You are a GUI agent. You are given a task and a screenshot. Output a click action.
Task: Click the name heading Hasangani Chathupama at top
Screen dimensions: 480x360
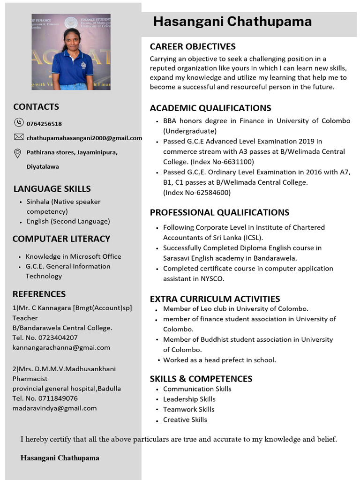pyautogui.click(x=232, y=22)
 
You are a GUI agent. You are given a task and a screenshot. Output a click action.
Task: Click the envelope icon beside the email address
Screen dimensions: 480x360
pyautogui.click(x=19, y=137)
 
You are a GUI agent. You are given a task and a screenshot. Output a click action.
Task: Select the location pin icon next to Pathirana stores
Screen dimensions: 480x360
pyautogui.click(x=18, y=153)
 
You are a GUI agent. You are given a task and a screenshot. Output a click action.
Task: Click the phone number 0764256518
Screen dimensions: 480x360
pyautogui.click(x=44, y=124)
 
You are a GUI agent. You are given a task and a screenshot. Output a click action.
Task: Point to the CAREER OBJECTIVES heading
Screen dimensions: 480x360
pyautogui.click(x=193, y=46)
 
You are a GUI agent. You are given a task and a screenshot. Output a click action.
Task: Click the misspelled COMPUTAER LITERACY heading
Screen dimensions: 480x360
pyautogui.click(x=61, y=239)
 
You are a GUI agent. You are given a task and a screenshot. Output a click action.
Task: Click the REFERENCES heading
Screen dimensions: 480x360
pyautogui.click(x=39, y=294)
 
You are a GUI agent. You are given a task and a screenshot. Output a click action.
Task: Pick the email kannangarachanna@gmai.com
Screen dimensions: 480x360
pyautogui.click(x=61, y=347)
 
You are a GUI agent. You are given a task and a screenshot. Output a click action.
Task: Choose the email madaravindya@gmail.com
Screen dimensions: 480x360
pyautogui.click(x=54, y=408)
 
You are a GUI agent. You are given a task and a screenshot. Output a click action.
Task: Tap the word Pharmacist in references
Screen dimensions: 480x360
pyautogui.click(x=30, y=378)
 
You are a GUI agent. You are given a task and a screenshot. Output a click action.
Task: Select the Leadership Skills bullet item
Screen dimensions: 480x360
pyautogui.click(x=189, y=399)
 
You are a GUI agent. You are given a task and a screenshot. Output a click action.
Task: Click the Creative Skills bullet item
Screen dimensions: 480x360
pyautogui.click(x=185, y=420)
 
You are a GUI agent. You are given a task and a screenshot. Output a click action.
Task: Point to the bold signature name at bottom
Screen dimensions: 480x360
pyautogui.click(x=60, y=457)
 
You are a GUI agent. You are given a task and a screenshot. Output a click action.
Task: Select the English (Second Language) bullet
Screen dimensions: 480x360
pyautogui.click(x=68, y=221)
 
